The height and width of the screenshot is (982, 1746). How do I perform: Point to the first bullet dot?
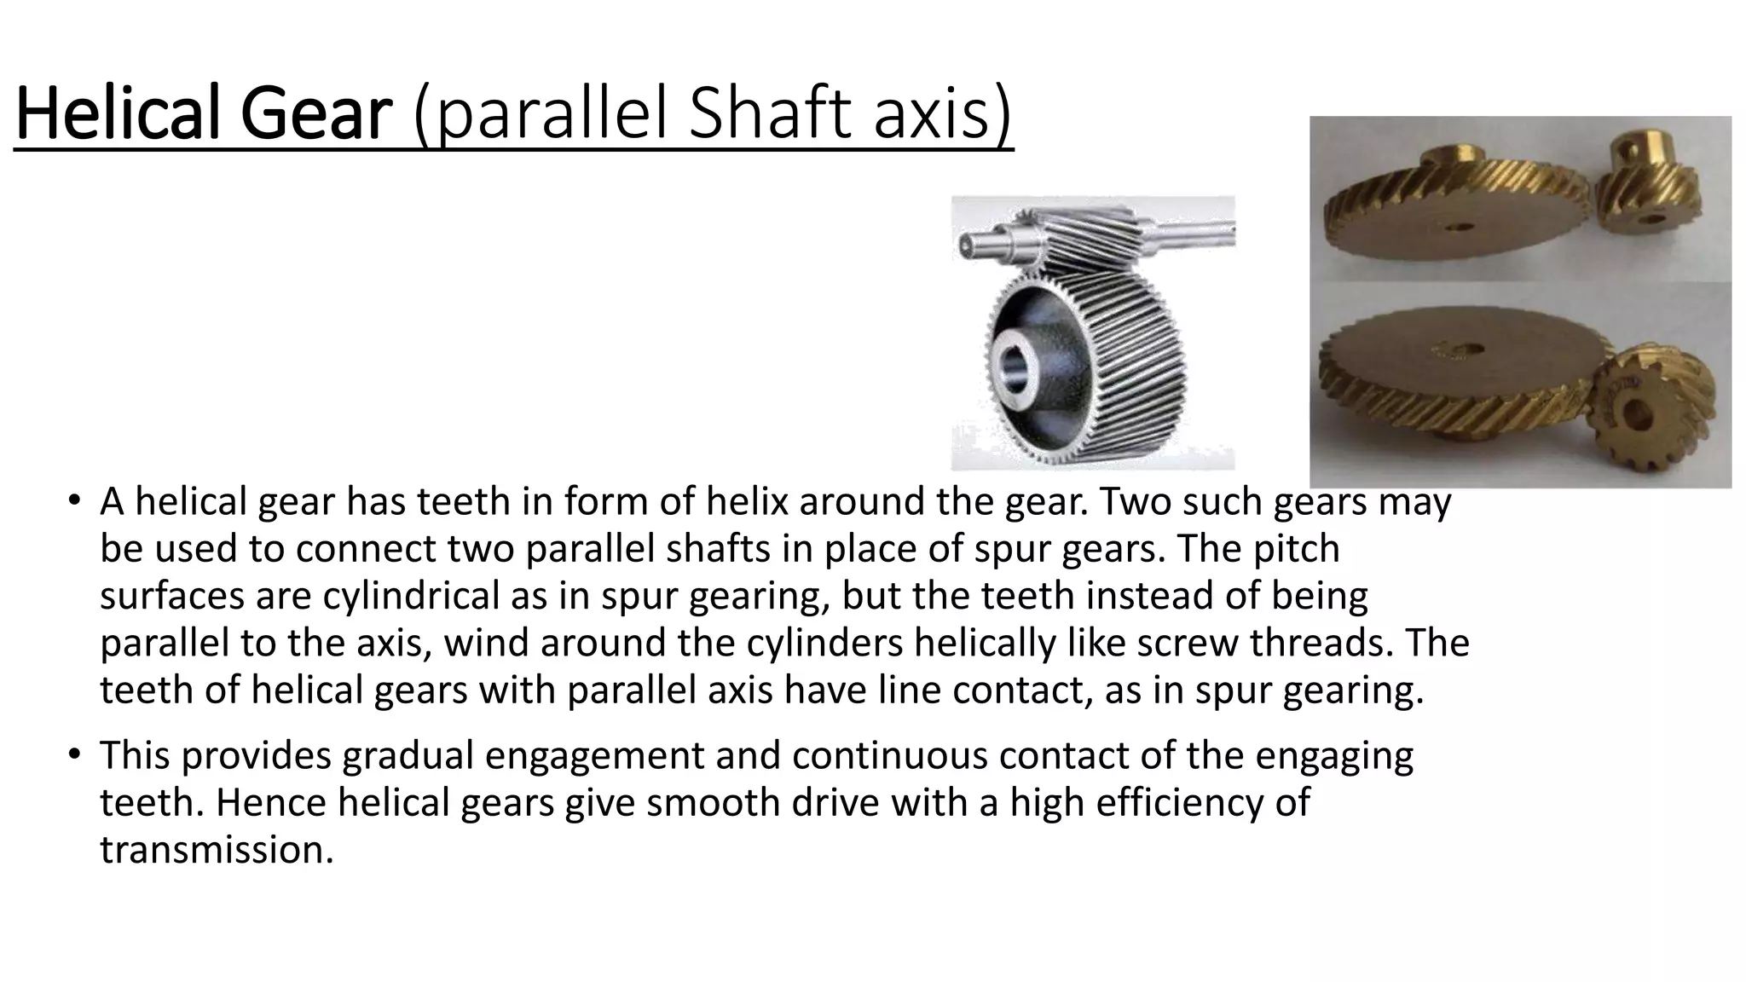pyautogui.click(x=75, y=500)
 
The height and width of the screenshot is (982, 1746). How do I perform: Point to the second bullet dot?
pyautogui.click(x=75, y=754)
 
